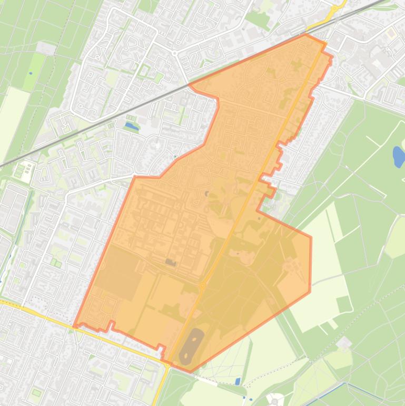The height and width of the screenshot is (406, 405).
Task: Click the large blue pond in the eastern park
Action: (399, 156)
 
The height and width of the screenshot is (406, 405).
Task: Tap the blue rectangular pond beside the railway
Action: (131, 127)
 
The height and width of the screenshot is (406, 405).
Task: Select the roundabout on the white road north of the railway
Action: (174, 53)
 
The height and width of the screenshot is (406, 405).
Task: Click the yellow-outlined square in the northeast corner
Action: (391, 33)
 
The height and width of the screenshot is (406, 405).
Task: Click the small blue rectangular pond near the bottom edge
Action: (238, 381)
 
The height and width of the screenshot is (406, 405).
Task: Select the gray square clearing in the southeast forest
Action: (344, 344)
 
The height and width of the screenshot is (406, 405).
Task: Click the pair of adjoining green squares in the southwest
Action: (54, 262)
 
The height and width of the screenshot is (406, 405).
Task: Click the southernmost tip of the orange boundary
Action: (190, 372)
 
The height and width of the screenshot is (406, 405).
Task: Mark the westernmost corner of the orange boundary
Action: (74, 326)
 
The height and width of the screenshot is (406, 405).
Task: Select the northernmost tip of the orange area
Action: (305, 34)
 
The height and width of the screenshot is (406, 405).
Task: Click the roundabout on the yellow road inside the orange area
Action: (202, 286)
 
